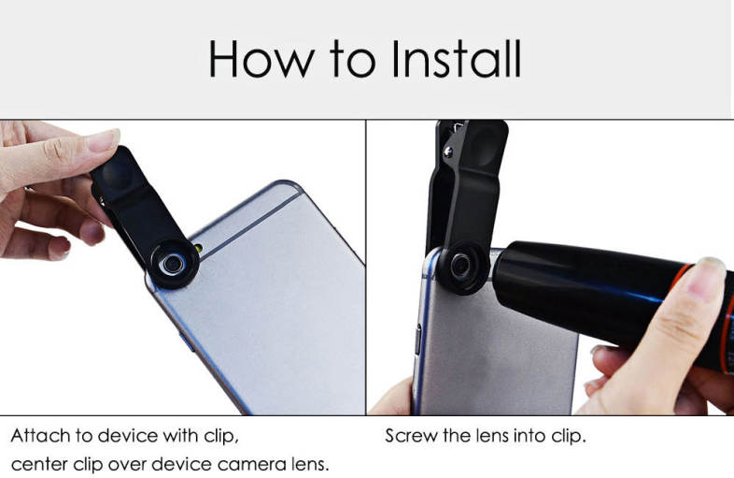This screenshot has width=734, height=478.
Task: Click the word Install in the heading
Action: (x=456, y=59)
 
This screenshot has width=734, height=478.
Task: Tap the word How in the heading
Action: (x=261, y=59)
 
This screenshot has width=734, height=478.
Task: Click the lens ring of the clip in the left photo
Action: (x=173, y=264)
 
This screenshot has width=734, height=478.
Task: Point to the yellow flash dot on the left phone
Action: (x=199, y=248)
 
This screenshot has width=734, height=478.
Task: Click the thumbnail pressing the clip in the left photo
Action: (x=103, y=140)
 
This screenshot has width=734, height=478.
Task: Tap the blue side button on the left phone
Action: (x=188, y=342)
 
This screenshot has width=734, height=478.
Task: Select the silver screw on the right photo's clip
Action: (x=448, y=151)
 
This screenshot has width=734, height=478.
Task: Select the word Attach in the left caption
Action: (x=41, y=436)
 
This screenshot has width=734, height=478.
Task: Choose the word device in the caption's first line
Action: (x=127, y=436)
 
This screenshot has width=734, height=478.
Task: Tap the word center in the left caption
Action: (x=39, y=464)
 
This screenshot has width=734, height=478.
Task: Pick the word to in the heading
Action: (x=352, y=59)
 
